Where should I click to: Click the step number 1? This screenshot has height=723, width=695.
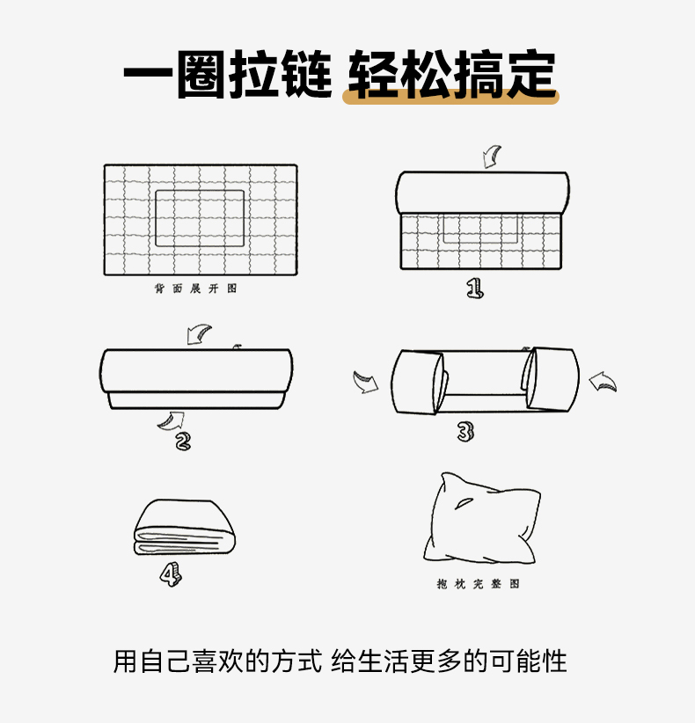475,288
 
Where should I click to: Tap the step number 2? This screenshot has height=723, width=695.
183,442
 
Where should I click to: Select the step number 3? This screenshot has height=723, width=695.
465,432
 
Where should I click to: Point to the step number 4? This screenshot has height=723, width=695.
171,575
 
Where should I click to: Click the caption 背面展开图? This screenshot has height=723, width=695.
195,288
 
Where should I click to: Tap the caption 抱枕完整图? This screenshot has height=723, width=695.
479,584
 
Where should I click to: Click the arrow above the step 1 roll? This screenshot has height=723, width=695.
492,157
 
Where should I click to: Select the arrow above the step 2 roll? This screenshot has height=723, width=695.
199,334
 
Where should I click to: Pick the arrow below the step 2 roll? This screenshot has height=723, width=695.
172,421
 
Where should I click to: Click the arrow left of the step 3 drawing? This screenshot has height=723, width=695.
365,382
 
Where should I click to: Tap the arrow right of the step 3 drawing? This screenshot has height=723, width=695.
603,382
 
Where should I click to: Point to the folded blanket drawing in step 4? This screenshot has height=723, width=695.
185,527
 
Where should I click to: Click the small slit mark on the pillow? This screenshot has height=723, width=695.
464,503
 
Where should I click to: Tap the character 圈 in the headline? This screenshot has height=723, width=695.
202,74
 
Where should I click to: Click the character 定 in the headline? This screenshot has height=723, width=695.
532,74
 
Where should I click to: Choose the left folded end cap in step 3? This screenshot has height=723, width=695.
419,382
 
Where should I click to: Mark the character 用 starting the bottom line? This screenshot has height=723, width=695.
125,661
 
